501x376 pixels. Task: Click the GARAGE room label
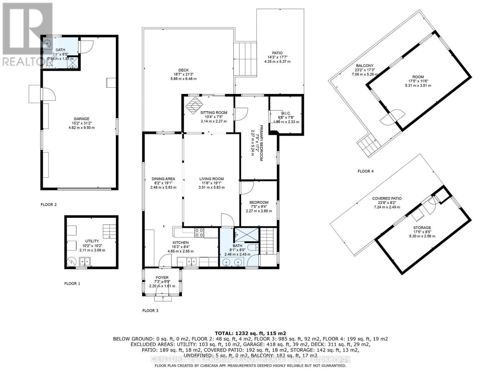(x=82, y=119)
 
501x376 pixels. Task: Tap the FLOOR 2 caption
(x=49, y=205)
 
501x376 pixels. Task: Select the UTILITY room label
(x=92, y=241)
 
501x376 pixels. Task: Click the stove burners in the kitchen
(x=199, y=232)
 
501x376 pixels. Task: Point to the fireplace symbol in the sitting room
(x=193, y=104)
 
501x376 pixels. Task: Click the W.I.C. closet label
(x=286, y=113)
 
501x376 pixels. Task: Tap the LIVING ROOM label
(x=211, y=179)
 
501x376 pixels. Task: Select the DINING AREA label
(x=163, y=179)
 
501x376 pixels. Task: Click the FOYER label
(x=162, y=278)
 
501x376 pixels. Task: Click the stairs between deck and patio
(x=245, y=59)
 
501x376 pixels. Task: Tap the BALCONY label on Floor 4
(x=363, y=66)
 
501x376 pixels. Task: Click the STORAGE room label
(x=422, y=228)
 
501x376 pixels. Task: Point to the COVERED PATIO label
(x=387, y=198)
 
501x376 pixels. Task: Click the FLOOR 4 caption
(x=365, y=171)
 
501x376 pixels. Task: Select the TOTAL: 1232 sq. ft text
(x=250, y=333)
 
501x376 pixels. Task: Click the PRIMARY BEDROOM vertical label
(x=261, y=143)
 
